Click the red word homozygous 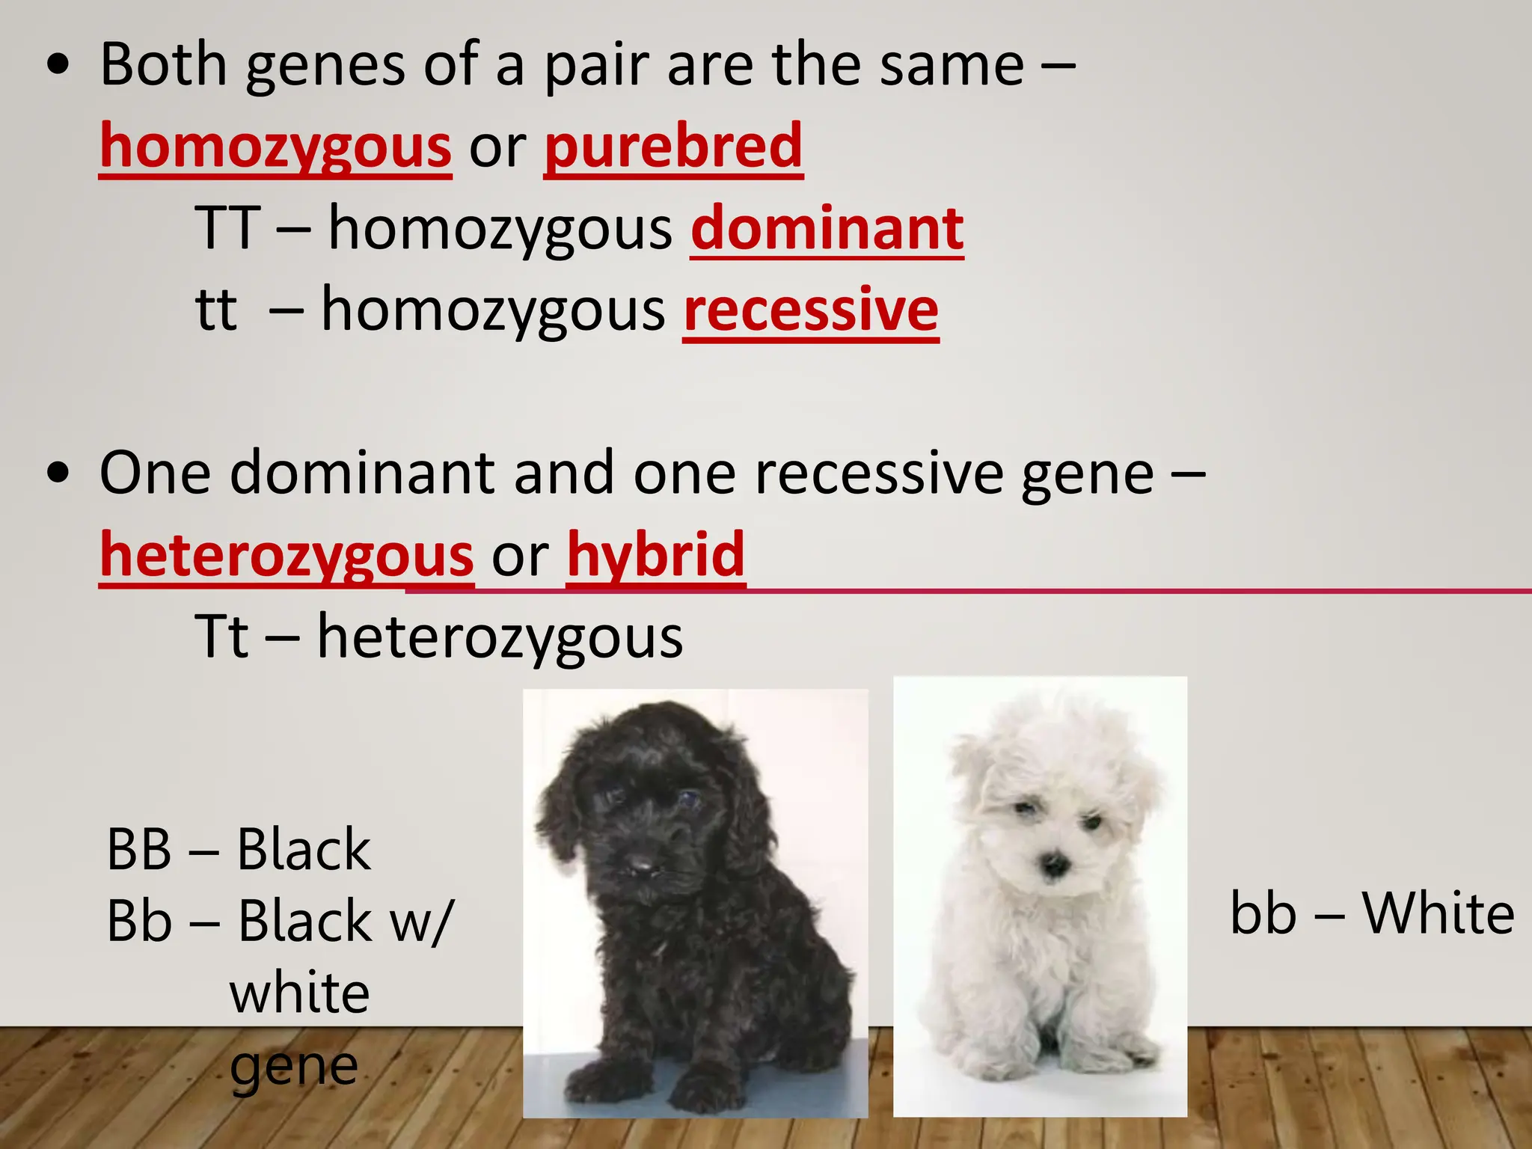tap(275, 147)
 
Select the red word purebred tap(673, 147)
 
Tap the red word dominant tap(827, 229)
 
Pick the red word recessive tap(811, 310)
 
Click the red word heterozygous tap(287, 556)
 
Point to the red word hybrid tap(655, 556)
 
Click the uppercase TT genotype tap(227, 229)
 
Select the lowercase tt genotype tap(215, 310)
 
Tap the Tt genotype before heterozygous tap(221, 637)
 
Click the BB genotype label tap(139, 851)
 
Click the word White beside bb tap(1438, 914)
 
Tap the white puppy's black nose tap(1055, 866)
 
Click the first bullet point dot tap(58, 66)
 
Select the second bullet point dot tap(58, 474)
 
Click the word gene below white tap(293, 1066)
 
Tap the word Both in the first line tap(163, 66)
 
